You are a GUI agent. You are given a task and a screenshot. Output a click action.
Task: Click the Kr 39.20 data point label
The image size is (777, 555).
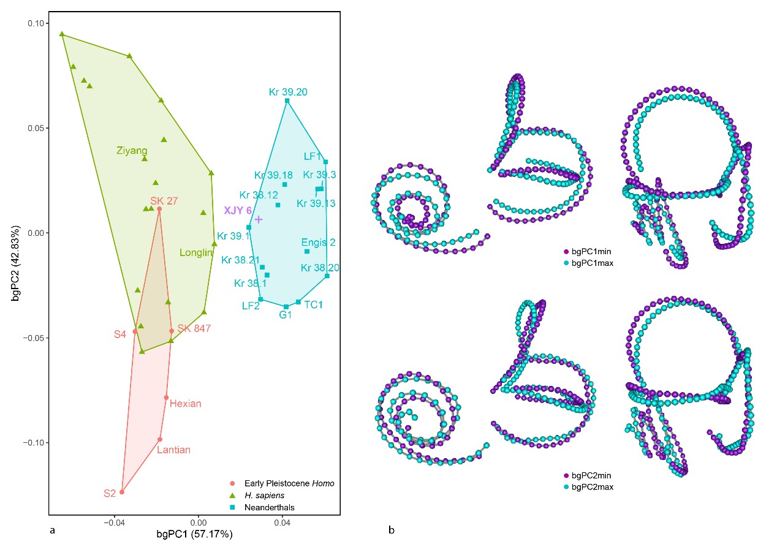tap(287, 92)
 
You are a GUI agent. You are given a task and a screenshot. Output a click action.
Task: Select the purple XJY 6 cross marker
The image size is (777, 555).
tap(259, 219)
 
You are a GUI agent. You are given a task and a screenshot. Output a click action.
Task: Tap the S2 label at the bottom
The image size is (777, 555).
tap(110, 493)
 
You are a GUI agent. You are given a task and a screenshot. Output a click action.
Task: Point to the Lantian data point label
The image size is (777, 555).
tap(173, 450)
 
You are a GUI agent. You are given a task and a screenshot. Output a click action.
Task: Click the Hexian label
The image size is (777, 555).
tap(185, 404)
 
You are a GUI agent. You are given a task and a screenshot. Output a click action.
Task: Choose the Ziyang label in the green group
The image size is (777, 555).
tap(132, 150)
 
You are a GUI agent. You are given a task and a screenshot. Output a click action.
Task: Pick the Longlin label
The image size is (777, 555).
tap(195, 253)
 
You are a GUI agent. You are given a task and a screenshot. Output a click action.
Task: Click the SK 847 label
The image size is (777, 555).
tap(194, 329)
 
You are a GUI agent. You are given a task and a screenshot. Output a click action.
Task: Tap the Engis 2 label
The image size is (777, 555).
tap(318, 243)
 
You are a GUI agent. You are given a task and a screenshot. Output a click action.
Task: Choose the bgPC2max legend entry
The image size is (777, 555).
tap(592, 486)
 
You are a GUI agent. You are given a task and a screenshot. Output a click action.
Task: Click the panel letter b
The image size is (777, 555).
tap(391, 530)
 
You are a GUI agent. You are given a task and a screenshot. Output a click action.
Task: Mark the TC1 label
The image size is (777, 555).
tap(313, 304)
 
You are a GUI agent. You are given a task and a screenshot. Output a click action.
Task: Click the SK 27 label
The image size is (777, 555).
tap(164, 200)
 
